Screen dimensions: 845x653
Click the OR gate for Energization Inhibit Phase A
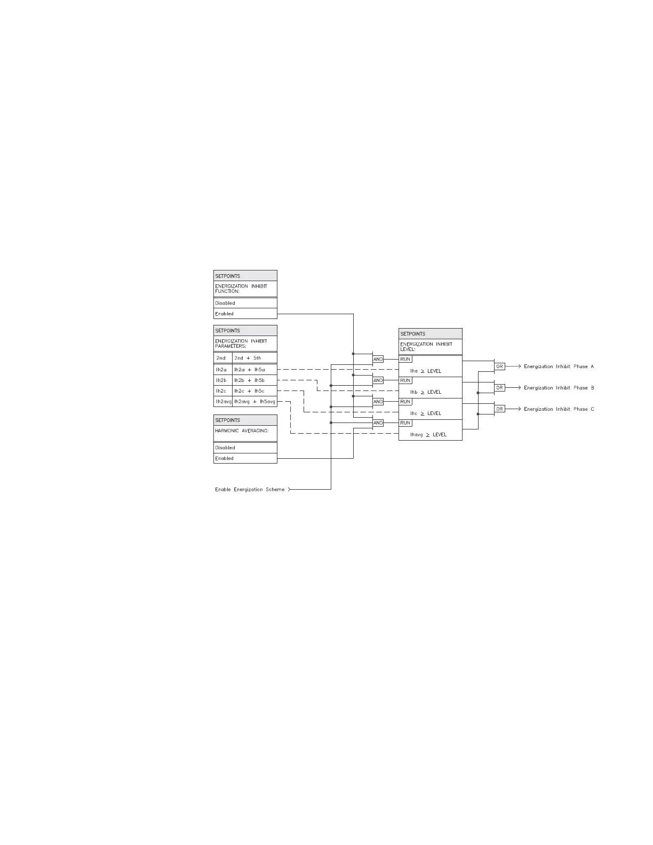[499, 366]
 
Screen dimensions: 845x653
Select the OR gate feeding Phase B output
[499, 388]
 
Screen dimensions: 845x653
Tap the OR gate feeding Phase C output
[499, 409]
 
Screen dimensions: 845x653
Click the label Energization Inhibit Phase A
[559, 366]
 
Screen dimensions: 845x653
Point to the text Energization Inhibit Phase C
[559, 409]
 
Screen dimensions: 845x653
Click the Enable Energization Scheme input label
[250, 489]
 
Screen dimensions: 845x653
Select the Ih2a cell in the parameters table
[221, 369]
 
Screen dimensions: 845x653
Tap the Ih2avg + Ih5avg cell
[254, 401]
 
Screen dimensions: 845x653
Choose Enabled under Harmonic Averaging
[225, 458]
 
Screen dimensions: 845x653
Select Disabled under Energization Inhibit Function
[225, 303]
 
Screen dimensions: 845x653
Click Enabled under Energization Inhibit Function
[225, 314]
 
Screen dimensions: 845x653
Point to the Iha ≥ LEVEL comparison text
[426, 371]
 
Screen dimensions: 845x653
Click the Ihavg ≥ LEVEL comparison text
[428, 435]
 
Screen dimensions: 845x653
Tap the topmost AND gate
[378, 359]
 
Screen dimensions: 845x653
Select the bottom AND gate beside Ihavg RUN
[378, 423]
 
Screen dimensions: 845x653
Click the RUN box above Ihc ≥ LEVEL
[405, 402]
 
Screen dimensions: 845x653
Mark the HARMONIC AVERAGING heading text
[242, 431]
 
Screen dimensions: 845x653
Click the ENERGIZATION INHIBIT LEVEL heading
[426, 346]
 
